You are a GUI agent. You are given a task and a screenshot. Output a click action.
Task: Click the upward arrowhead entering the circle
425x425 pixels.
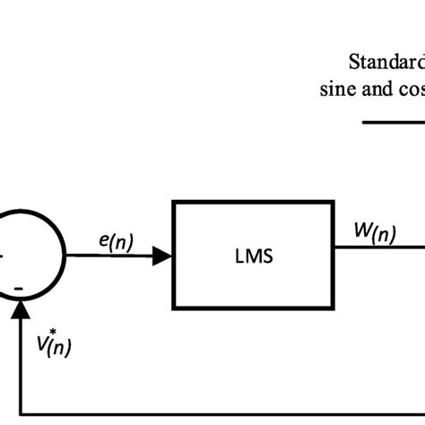pos(19,308)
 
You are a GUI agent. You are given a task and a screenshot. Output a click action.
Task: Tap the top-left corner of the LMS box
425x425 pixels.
pos(173,204)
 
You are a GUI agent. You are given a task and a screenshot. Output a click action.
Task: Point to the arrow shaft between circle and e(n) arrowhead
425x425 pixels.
pos(108,257)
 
